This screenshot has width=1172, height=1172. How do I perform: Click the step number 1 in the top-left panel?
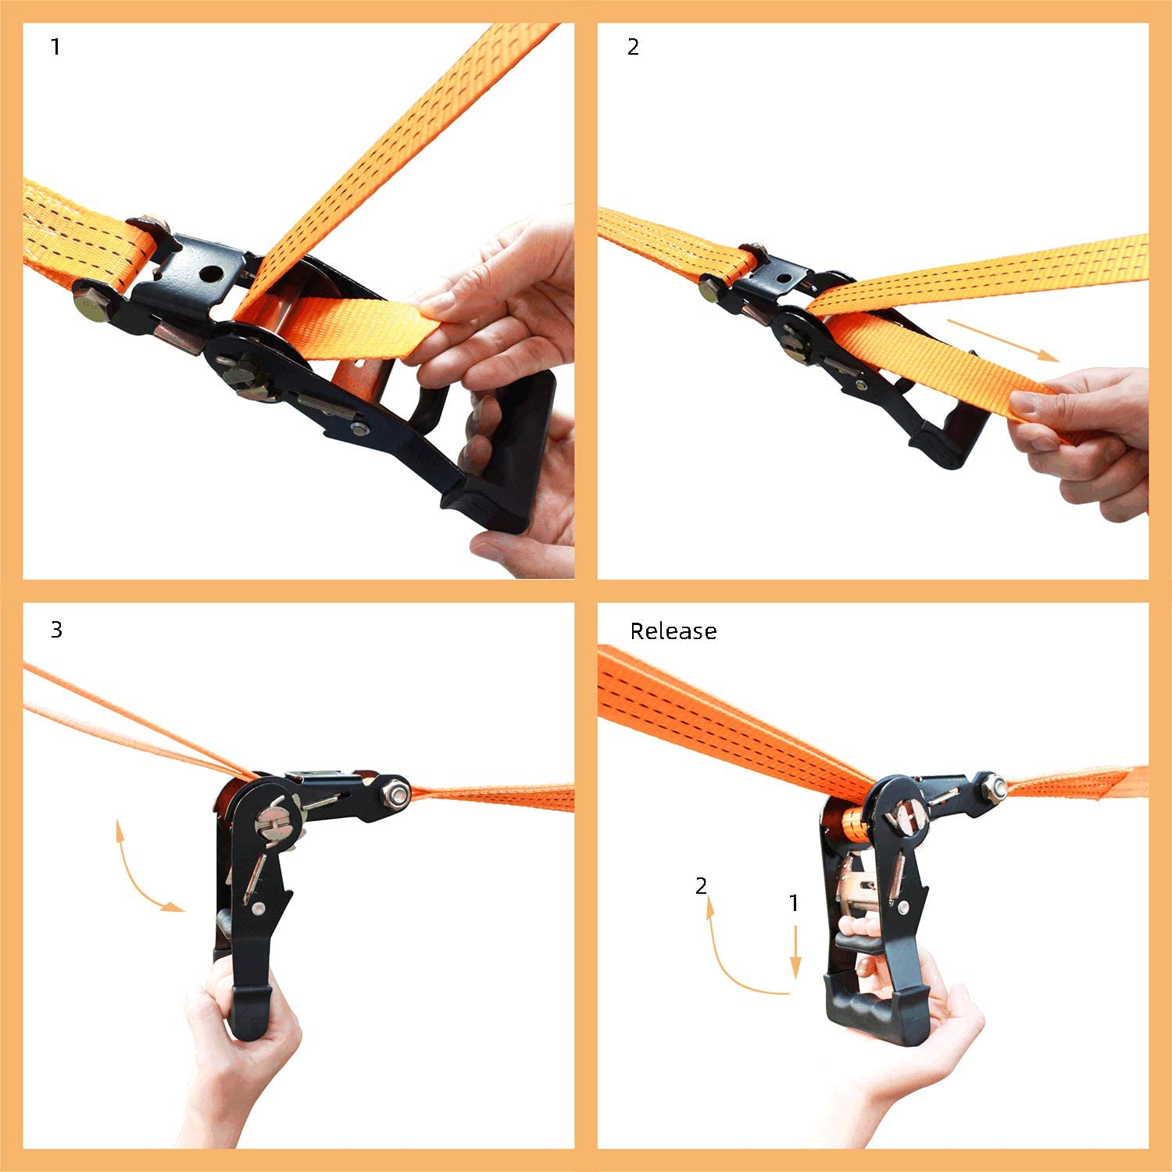55,47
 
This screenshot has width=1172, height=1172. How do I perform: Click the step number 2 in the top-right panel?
633,47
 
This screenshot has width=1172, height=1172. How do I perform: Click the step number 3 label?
56,630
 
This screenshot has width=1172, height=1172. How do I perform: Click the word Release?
674,631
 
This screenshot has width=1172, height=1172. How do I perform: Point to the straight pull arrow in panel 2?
1003,340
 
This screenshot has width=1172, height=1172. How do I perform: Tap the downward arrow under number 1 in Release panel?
795,952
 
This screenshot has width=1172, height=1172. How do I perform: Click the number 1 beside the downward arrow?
794,903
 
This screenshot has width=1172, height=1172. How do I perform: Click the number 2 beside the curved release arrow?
702,885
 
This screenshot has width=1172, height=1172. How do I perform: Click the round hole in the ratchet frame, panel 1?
211,274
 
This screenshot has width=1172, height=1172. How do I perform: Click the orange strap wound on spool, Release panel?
853,828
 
